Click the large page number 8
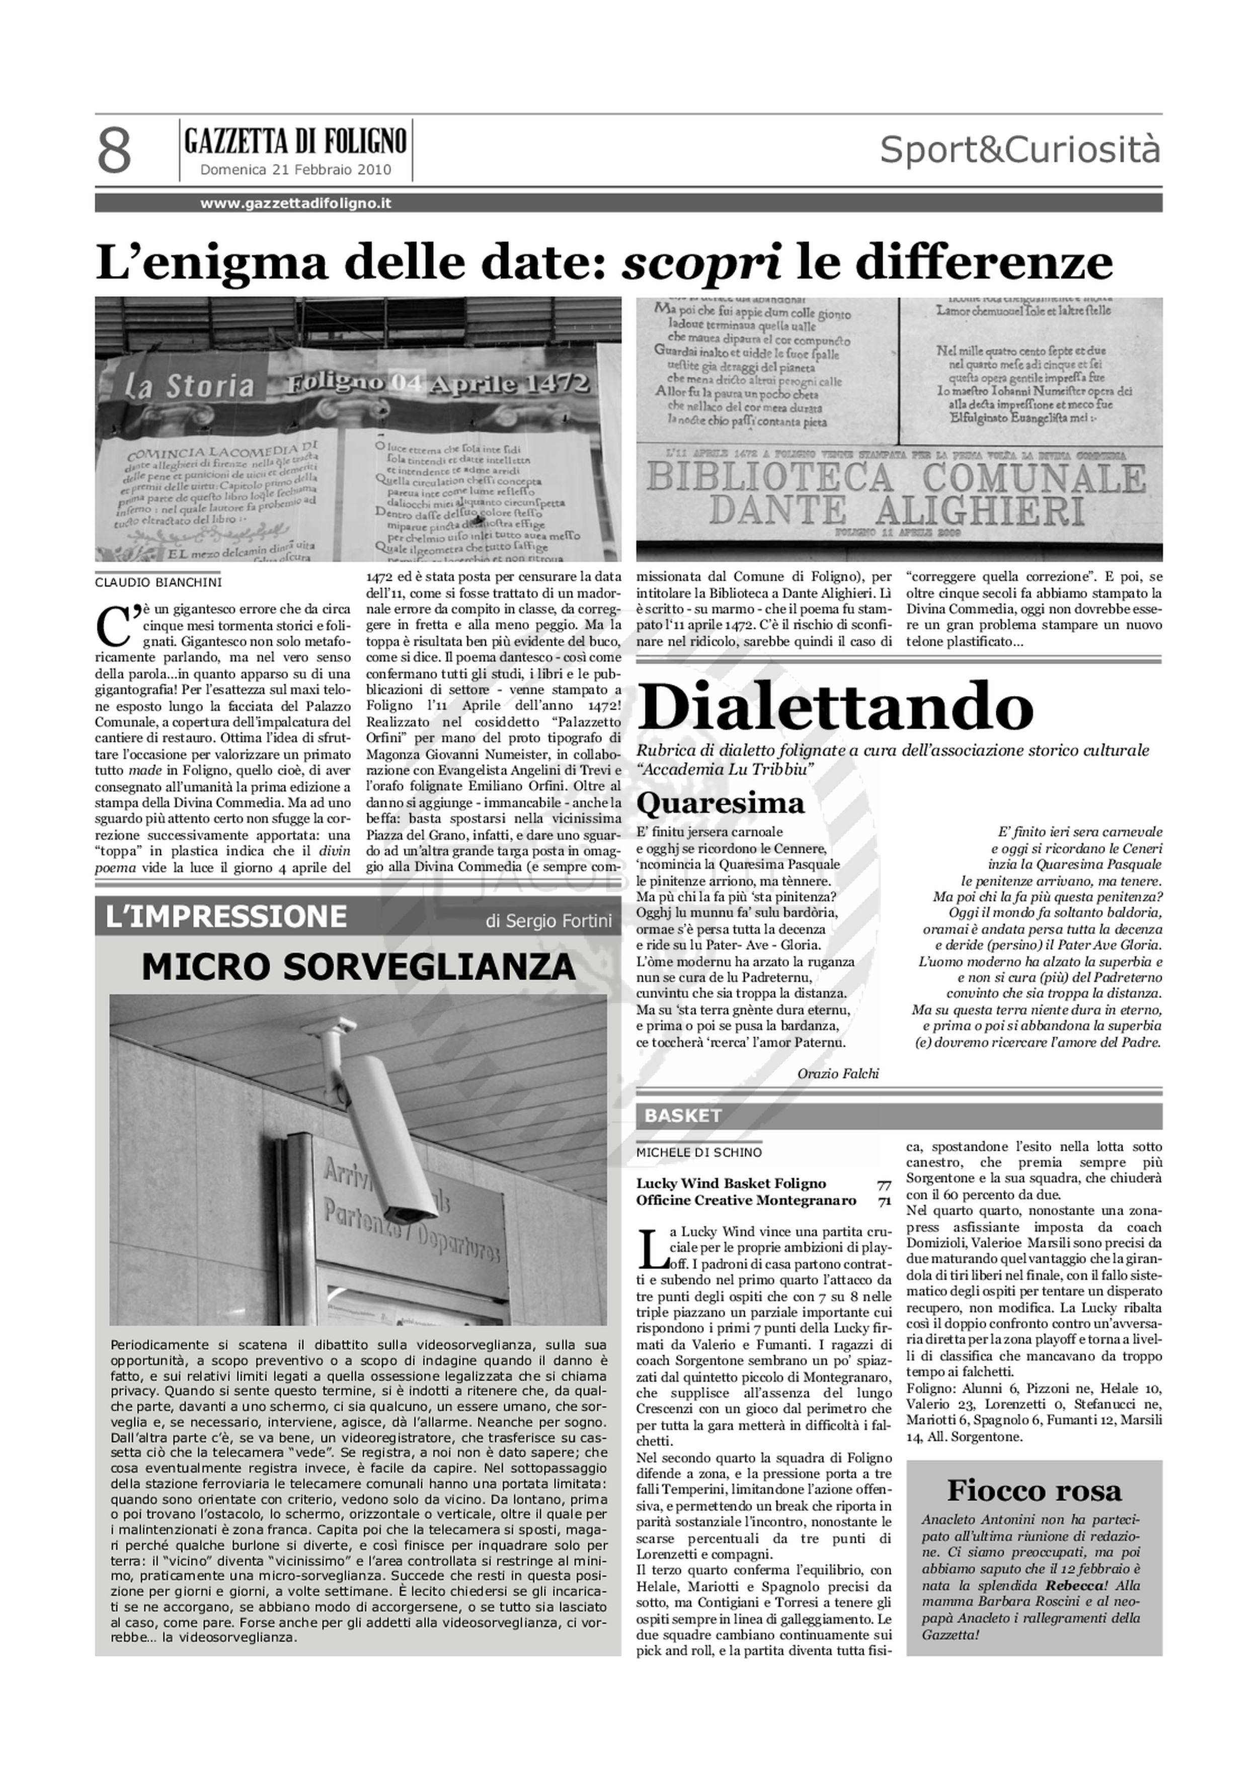tap(114, 152)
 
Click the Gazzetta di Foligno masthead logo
tap(295, 142)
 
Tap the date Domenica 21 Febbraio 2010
tap(295, 170)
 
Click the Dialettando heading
tap(834, 706)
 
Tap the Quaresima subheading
tap(721, 803)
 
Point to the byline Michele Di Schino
tap(699, 1152)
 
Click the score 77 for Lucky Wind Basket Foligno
tap(883, 1184)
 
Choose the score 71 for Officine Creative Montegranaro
tap(883, 1201)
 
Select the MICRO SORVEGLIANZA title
tap(359, 966)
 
